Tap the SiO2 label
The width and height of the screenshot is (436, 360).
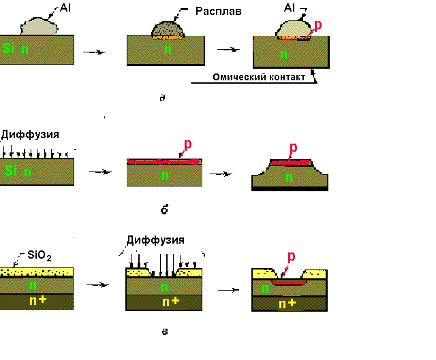39,257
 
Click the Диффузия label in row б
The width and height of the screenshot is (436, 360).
28,135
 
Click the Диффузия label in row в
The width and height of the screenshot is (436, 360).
155,240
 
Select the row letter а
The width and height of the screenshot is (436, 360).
161,98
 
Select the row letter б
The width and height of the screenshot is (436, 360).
164,210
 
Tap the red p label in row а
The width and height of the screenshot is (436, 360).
317,25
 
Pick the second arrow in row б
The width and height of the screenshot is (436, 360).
222,174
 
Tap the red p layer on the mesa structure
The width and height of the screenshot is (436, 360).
291,163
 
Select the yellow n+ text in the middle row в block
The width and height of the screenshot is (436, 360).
170,301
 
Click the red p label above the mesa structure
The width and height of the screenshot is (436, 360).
294,148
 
